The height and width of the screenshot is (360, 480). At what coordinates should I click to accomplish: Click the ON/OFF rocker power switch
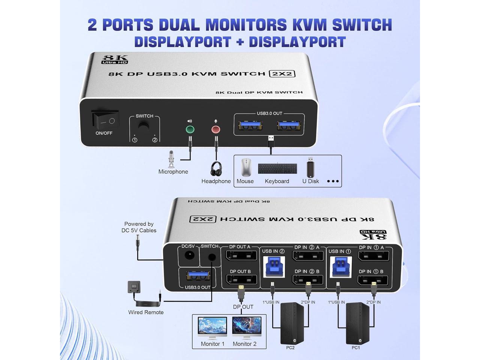point(106,120)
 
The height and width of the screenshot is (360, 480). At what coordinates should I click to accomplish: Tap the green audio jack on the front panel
point(190,130)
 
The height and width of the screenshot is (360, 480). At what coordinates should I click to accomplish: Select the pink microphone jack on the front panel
point(216,130)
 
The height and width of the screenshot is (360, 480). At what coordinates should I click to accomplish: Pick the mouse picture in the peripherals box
point(246,167)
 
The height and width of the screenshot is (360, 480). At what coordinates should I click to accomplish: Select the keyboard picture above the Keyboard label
point(277,169)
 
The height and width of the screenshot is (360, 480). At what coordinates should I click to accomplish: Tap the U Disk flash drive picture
point(310,167)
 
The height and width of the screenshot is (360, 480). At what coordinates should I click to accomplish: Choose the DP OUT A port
point(241,256)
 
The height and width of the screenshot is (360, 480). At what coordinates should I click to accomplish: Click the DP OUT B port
point(241,280)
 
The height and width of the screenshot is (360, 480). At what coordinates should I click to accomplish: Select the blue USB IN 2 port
point(274,267)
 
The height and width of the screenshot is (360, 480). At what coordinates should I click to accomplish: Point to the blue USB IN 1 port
point(340,267)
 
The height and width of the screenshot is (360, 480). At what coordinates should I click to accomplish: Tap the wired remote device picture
point(134,287)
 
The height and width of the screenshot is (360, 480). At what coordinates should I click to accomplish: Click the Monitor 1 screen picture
point(212,327)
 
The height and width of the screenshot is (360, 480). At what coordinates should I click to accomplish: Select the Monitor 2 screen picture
point(246,327)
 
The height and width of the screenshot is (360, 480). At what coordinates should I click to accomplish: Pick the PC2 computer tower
point(292,323)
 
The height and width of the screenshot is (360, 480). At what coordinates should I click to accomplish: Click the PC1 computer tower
point(357,323)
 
